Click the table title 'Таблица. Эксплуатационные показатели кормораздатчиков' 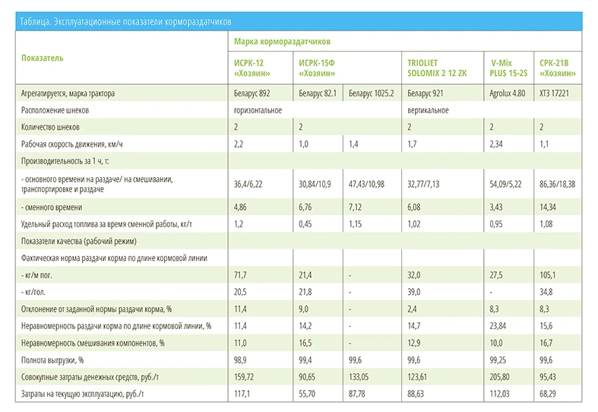click(125, 22)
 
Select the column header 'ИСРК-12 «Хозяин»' click(252, 68)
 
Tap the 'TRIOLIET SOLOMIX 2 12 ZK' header click(437, 68)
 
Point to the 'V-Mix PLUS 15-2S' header click(508, 68)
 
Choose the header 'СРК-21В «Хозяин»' click(557, 68)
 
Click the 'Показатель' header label click(43, 58)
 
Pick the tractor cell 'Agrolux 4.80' click(508, 93)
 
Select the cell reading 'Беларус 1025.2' click(371, 93)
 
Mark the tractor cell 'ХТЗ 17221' click(554, 93)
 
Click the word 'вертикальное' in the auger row click(428, 111)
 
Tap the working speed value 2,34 click(495, 144)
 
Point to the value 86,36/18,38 click(557, 184)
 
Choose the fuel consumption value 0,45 click(305, 224)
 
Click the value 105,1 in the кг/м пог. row click(547, 275)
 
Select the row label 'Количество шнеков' click(50, 128)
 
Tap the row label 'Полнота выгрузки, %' click(52, 360)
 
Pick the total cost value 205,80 click(499, 377)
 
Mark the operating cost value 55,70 click(307, 394)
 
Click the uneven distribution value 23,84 click(498, 326)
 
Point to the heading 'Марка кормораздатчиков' click(282, 42)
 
